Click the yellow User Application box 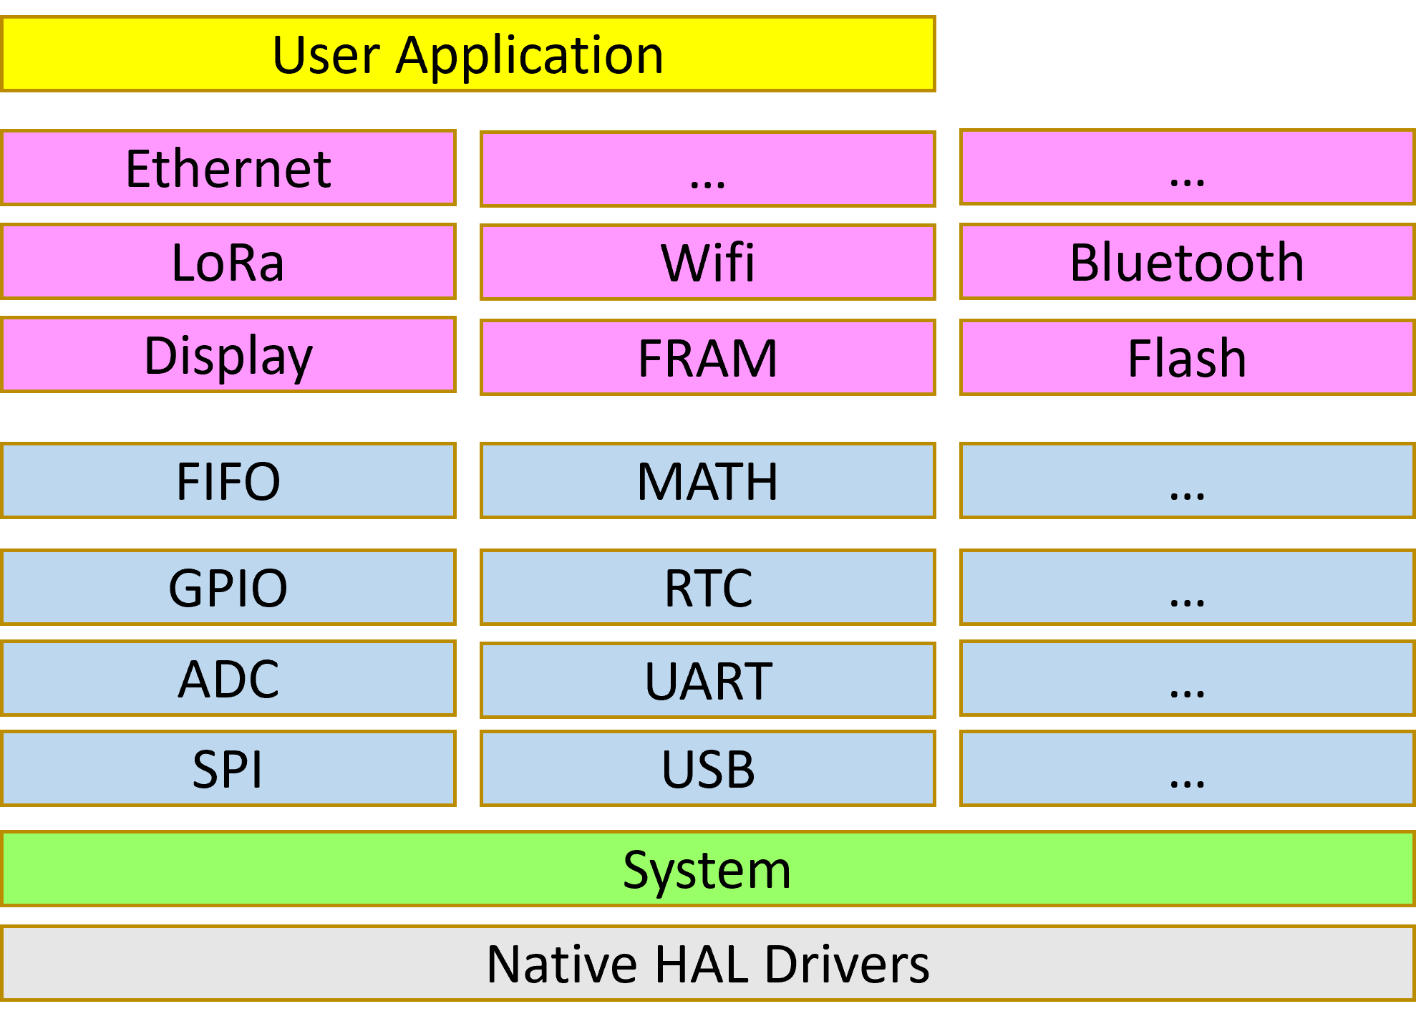point(468,54)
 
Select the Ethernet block point(228,168)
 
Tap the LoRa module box point(228,261)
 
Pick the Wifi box point(708,262)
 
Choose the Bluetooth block point(1187,261)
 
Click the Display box point(228,354)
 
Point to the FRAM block point(708,357)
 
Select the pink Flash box point(1187,357)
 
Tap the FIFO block point(228,480)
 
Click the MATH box point(708,480)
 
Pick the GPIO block point(228,587)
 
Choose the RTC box point(708,587)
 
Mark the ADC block point(228,678)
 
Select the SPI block point(228,768)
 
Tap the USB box point(708,768)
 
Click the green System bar point(708,869)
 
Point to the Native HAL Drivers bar point(708,963)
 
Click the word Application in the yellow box point(530,56)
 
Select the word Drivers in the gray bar point(847,964)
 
